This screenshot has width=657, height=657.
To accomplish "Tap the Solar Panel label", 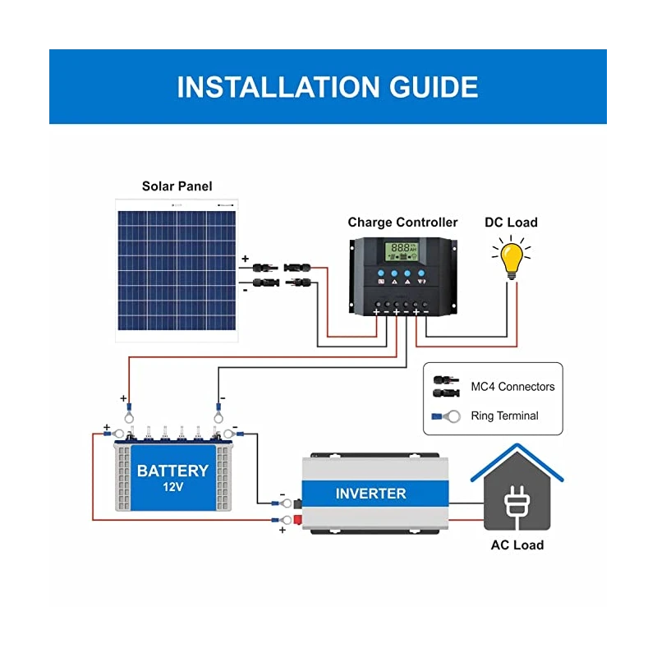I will coord(177,186).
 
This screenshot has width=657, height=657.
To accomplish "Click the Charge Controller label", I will coord(402,222).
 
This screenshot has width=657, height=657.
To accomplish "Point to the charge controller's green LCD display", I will coord(402,249).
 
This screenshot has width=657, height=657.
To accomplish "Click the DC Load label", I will coord(511,222).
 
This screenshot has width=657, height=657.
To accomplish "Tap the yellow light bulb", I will coord(512,258).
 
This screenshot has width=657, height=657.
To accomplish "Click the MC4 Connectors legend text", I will coord(512,387).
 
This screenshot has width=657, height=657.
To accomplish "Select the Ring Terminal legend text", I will coord(504,416).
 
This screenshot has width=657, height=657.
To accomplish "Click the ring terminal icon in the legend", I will coord(444,416).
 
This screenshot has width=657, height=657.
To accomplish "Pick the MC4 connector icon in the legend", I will coord(445,387).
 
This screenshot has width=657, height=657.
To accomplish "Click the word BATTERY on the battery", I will coord(172,471).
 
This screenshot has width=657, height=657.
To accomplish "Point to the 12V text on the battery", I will coord(172,489).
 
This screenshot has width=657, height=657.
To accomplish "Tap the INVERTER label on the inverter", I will coord(370,494).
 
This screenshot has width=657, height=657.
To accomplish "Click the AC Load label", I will coord(517,544).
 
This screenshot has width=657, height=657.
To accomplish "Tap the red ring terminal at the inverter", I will coord(286,520).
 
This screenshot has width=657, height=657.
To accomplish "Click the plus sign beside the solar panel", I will coord(244,259).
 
